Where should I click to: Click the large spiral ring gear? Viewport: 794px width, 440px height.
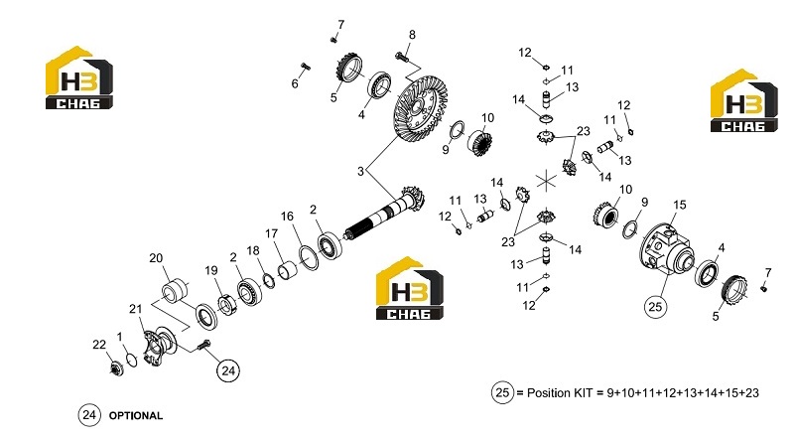coord(420,108)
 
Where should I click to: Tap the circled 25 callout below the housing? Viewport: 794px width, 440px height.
coord(655,306)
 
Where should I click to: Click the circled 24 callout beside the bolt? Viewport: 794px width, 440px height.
coord(228,370)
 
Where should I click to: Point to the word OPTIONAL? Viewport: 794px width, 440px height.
coord(136,416)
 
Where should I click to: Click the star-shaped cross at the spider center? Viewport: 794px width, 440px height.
coord(546,181)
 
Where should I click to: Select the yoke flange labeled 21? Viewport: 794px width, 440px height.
coord(159,347)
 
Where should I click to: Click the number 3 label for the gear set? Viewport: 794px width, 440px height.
coord(360,172)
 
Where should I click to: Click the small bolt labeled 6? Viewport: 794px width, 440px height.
coord(306,66)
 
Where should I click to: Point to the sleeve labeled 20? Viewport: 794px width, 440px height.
coord(175,289)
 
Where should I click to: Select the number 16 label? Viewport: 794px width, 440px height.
coord(287,217)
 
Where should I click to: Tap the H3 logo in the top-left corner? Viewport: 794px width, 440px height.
coord(79,77)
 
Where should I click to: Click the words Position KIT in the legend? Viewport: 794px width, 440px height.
coord(560,393)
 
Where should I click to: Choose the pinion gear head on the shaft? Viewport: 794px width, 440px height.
coord(412,198)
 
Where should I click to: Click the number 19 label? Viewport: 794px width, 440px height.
coord(211,271)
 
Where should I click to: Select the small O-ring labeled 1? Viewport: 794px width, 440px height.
coord(131,360)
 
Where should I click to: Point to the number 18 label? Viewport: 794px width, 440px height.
coord(253,250)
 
